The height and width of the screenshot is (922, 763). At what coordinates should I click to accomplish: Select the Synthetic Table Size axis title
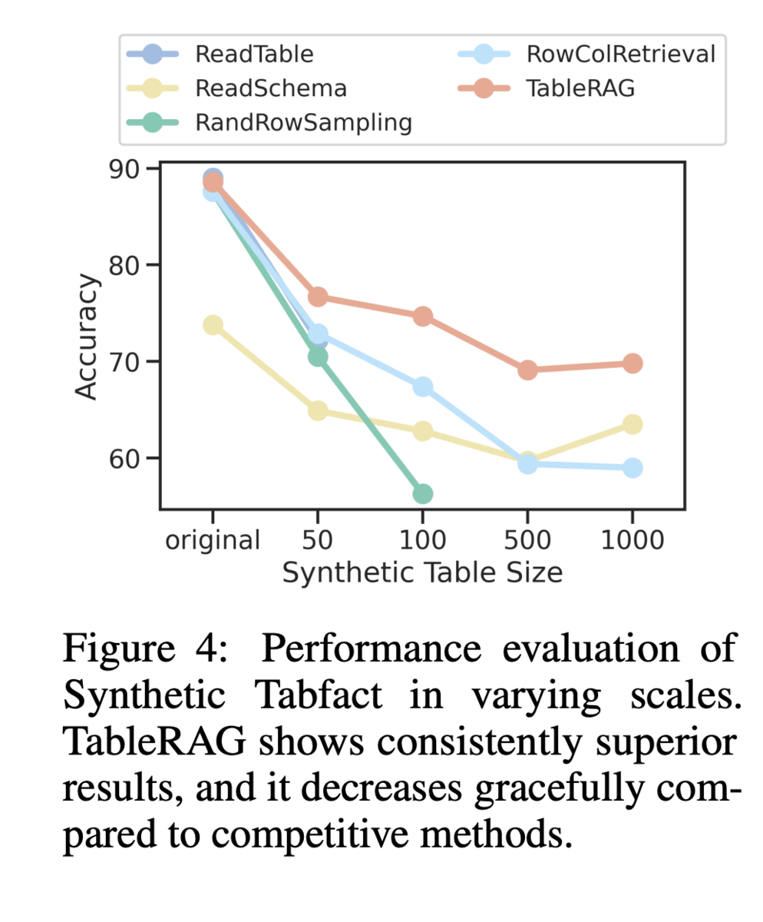(x=422, y=572)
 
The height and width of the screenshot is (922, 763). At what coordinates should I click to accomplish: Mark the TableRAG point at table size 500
(x=527, y=370)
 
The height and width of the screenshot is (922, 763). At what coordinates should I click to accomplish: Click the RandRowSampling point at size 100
(x=422, y=493)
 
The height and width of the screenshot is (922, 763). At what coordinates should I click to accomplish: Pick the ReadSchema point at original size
(x=213, y=325)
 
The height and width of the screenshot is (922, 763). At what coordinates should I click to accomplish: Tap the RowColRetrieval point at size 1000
(x=632, y=468)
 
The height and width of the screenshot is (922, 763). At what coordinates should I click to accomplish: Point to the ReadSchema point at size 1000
(x=632, y=424)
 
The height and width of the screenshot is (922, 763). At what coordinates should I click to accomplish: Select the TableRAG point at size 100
(x=422, y=317)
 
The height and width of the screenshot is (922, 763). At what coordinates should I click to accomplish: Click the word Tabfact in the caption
(x=318, y=696)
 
